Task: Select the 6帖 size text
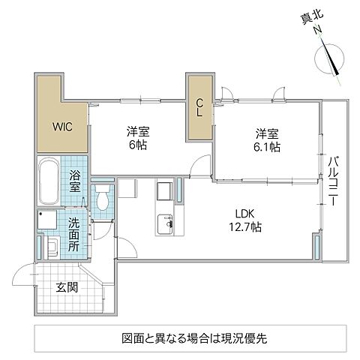(x=136, y=144)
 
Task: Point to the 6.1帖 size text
(x=268, y=148)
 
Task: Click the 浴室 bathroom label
(x=76, y=182)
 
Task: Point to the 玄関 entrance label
(x=64, y=286)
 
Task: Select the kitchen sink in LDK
(x=164, y=223)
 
